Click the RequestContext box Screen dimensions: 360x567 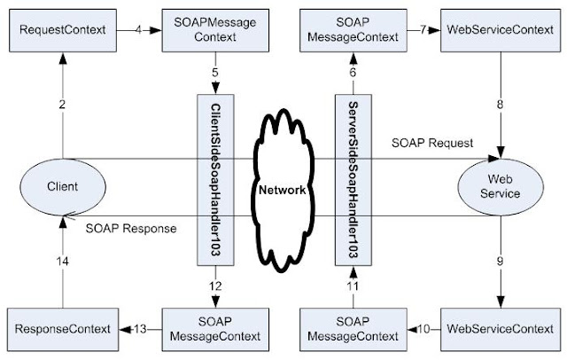pos(62,30)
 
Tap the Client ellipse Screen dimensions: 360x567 pos(62,188)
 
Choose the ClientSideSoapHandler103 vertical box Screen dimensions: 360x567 pos(216,177)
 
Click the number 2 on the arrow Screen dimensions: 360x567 pos(63,105)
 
